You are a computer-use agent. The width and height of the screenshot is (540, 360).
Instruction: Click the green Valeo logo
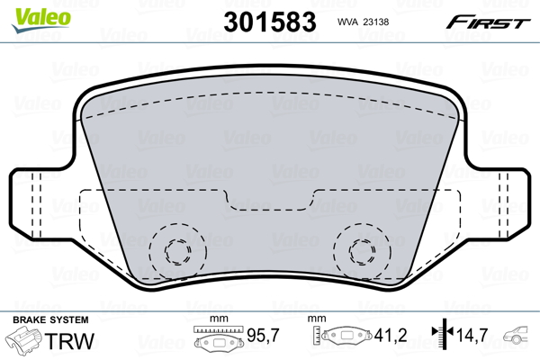[x=41, y=19]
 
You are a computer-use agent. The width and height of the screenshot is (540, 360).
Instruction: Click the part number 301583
[x=270, y=22]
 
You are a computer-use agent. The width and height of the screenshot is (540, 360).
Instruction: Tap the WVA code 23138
[x=376, y=22]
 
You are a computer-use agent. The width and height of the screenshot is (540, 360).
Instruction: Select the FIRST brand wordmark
[x=488, y=22]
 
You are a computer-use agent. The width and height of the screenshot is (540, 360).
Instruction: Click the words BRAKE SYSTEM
[x=50, y=319]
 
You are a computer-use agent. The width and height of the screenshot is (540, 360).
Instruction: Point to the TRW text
[x=69, y=341]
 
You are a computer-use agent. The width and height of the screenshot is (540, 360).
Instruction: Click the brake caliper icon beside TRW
[x=23, y=339]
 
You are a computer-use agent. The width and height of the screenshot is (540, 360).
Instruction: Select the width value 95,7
[x=263, y=335]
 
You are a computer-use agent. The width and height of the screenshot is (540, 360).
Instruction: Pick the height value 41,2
[x=391, y=335]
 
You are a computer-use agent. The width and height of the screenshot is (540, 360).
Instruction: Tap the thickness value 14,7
[x=472, y=335]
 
